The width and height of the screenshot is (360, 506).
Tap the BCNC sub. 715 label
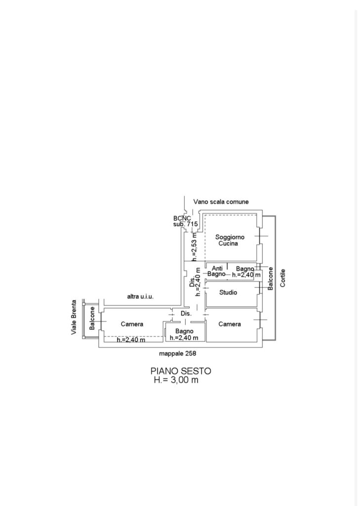pyautogui.click(x=185, y=221)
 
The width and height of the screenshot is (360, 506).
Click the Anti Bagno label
pyautogui.click(x=217, y=271)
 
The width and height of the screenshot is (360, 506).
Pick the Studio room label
pyautogui.click(x=228, y=293)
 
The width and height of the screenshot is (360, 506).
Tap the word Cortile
pyautogui.click(x=282, y=279)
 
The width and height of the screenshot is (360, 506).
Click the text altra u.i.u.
pyautogui.click(x=141, y=296)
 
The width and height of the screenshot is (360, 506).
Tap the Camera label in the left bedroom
pyautogui.click(x=132, y=324)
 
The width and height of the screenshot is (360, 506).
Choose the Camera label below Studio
pyautogui.click(x=230, y=324)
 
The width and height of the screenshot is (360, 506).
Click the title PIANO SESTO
pyautogui.click(x=181, y=371)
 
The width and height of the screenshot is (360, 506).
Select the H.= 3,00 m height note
pyautogui.click(x=176, y=380)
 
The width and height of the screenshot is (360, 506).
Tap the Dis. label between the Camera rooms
pyautogui.click(x=186, y=314)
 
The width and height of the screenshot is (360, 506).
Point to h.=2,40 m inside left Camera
pyautogui.click(x=131, y=339)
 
